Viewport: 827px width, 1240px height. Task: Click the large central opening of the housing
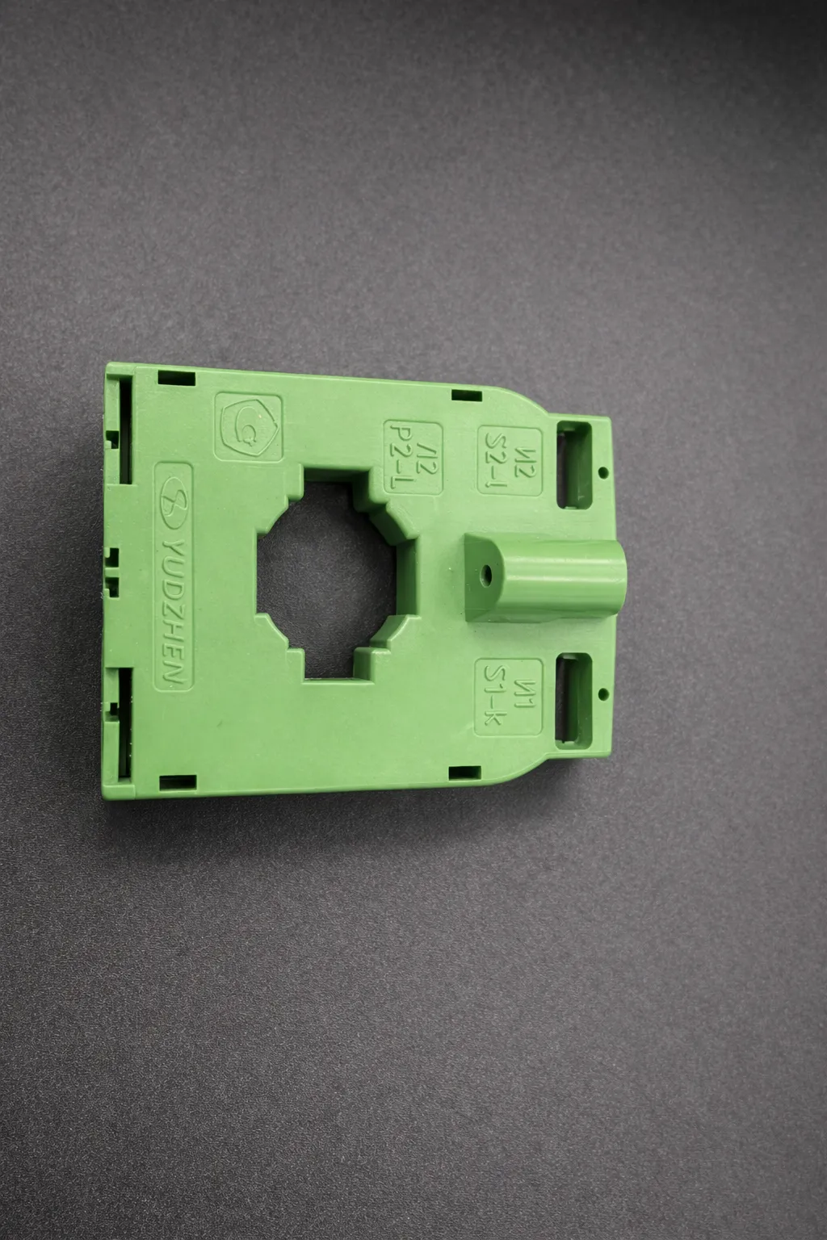click(x=328, y=573)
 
